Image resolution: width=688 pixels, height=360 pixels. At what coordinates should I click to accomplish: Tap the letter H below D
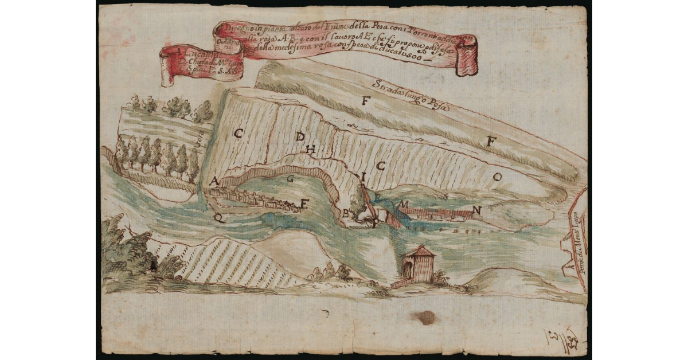click(x=311, y=150)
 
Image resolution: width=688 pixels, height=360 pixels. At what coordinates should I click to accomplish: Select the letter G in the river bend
click(x=291, y=178)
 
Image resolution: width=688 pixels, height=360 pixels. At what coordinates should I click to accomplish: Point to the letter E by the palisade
click(x=304, y=202)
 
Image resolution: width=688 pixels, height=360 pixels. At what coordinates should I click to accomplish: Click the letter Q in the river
click(x=217, y=217)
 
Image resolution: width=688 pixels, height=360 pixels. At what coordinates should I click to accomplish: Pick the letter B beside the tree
click(x=345, y=213)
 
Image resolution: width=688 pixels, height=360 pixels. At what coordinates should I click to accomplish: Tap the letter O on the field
click(x=497, y=178)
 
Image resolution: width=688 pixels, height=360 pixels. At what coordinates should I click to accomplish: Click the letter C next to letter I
click(x=380, y=166)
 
